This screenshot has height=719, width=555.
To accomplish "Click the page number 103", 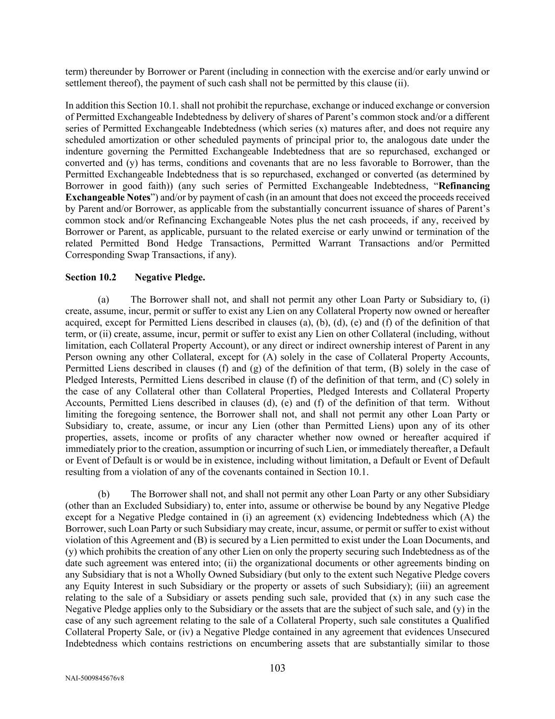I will (277, 668).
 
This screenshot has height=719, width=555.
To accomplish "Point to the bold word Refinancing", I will (464, 186).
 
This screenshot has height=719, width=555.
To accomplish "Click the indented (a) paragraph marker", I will (104, 300).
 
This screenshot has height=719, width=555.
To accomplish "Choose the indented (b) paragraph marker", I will (104, 494).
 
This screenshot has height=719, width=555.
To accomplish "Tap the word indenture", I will (83, 152).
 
